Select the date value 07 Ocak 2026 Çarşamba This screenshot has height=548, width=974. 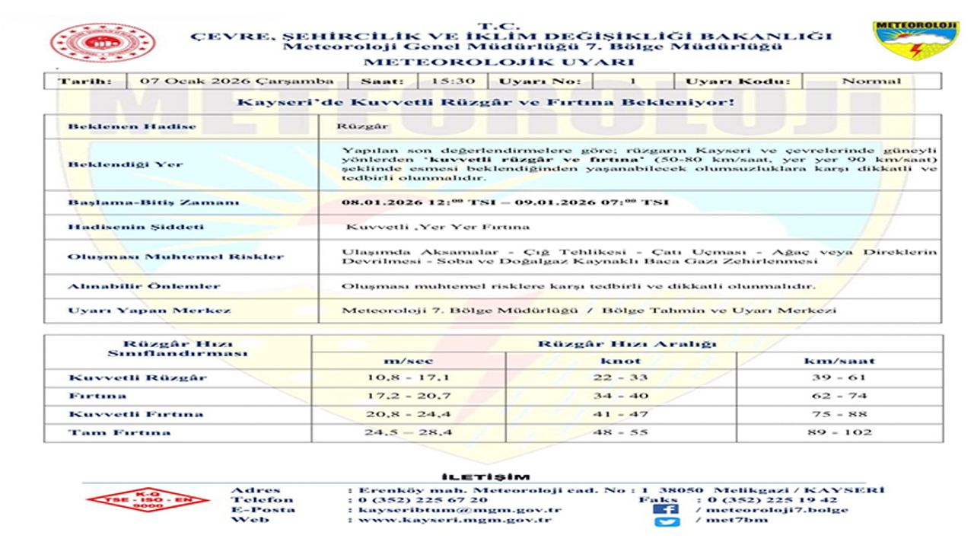pyautogui.click(x=237, y=81)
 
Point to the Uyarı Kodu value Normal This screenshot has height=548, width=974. pyautogui.click(x=871, y=81)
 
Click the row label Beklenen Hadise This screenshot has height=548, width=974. pyautogui.click(x=132, y=126)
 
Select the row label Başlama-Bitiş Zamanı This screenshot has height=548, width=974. pyautogui.click(x=153, y=202)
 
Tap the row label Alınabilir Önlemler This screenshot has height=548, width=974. pyautogui.click(x=144, y=286)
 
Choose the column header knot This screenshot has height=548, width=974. pyautogui.click(x=621, y=360)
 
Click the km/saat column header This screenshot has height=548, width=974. pyautogui.click(x=839, y=360)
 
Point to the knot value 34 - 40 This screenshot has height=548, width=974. pyautogui.click(x=621, y=396)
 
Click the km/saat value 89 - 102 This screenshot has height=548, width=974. pyautogui.click(x=839, y=432)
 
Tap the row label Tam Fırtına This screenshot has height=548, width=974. pyautogui.click(x=119, y=432)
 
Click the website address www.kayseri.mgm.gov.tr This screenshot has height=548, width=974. pyautogui.click(x=454, y=521)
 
